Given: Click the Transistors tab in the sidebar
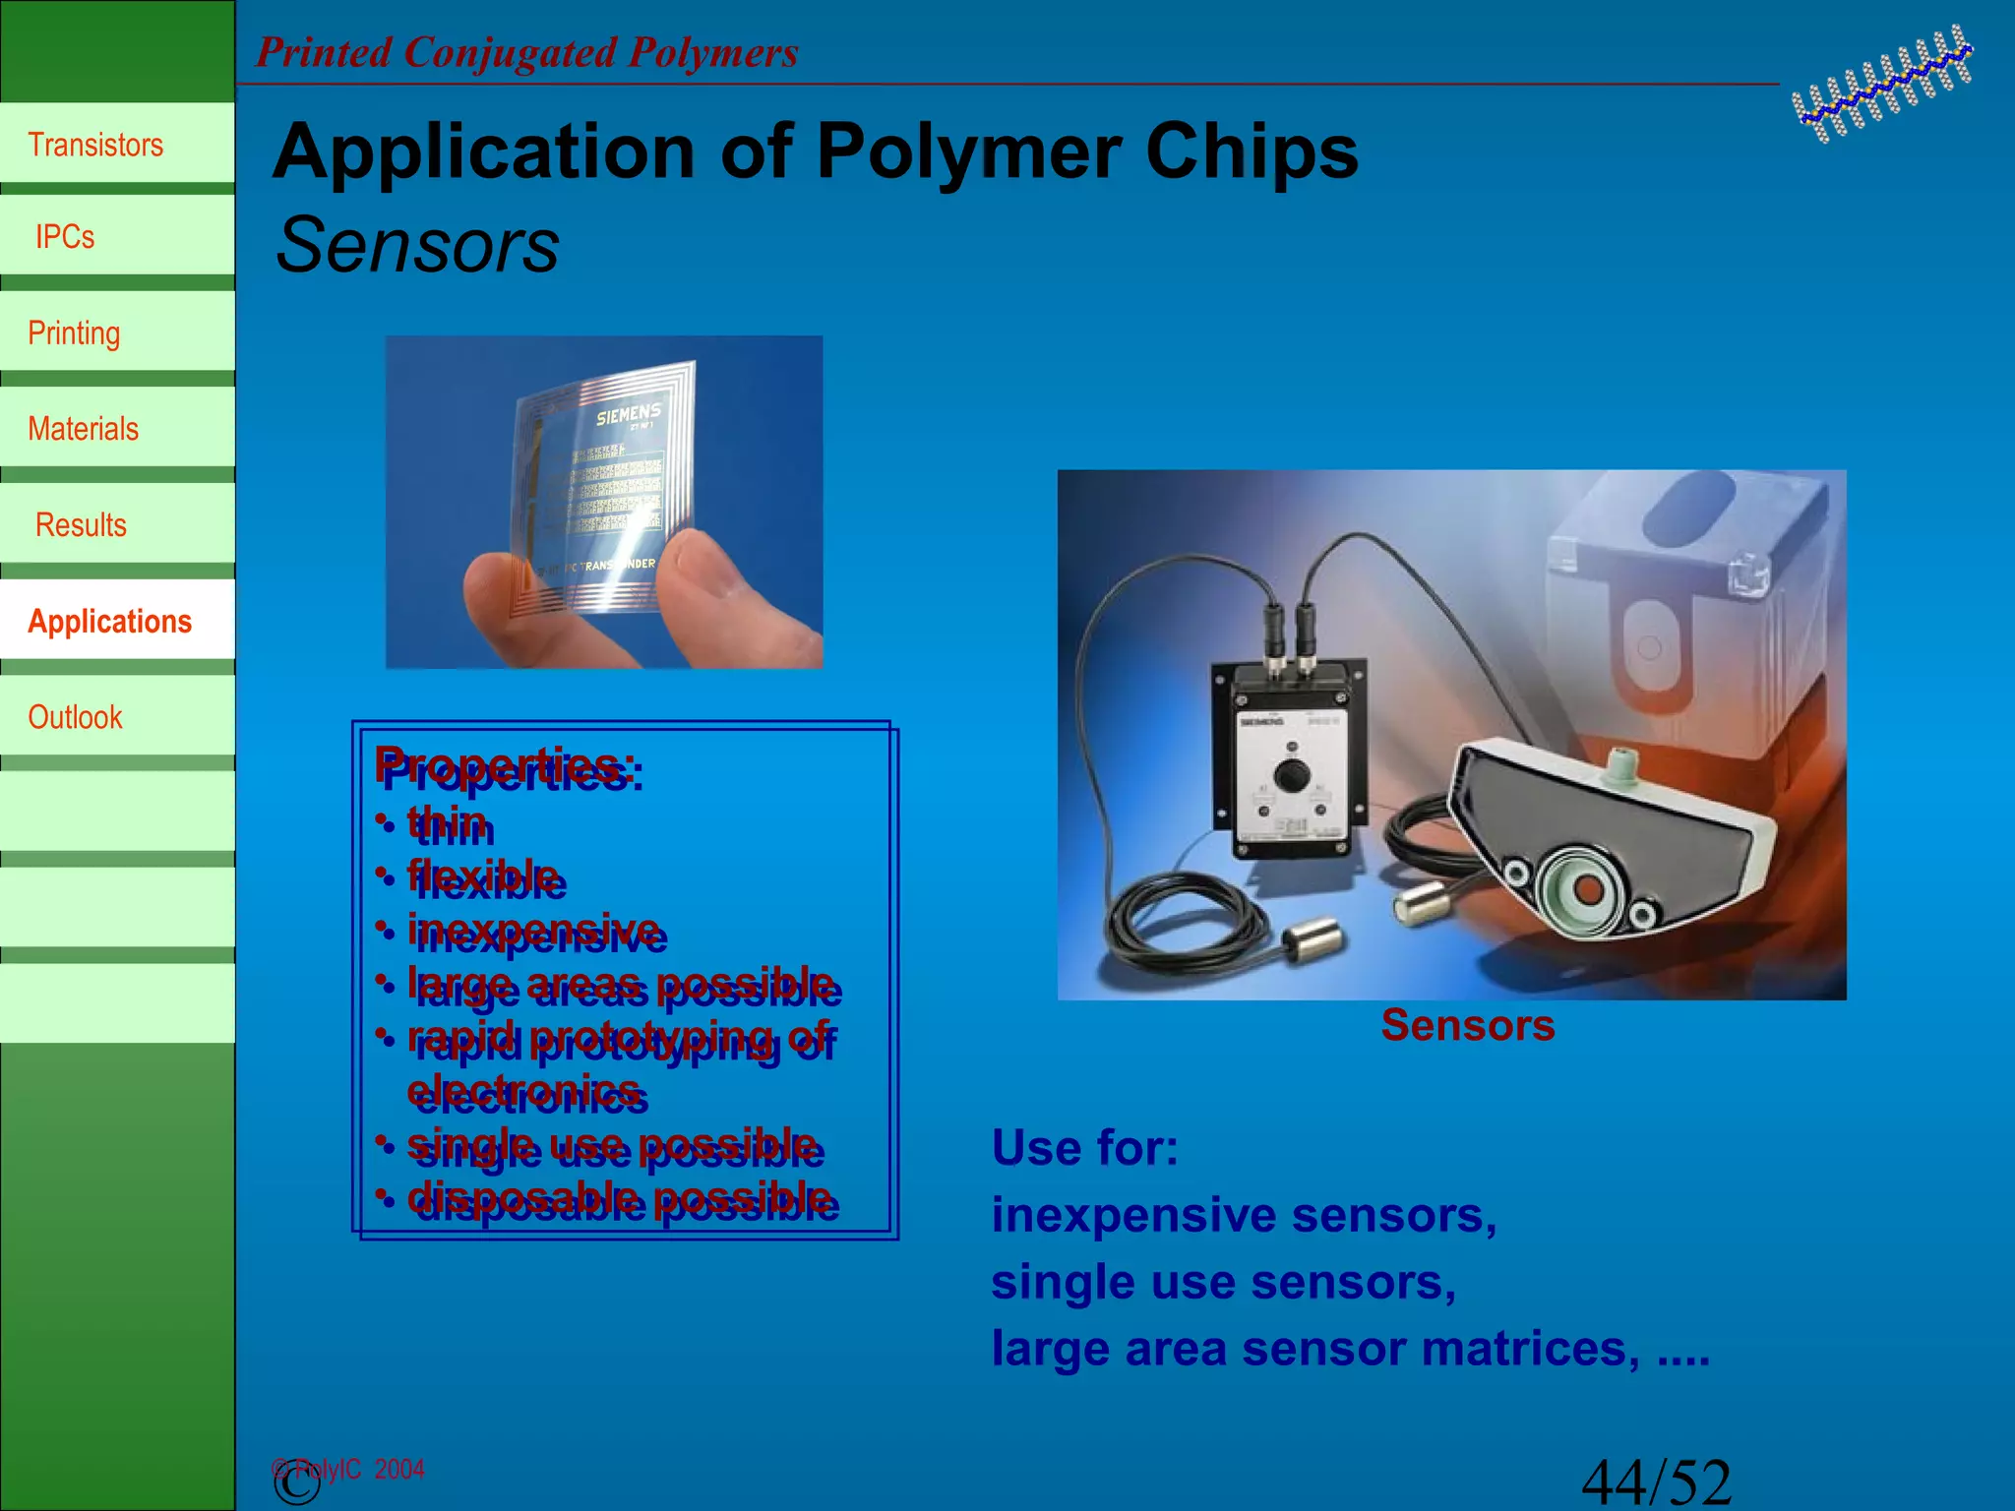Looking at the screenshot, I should tap(96, 145).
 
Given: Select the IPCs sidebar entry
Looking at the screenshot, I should tap(65, 237).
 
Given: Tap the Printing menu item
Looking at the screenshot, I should tap(74, 332).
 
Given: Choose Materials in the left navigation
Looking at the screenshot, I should tap(83, 429).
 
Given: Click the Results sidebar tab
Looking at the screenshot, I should tap(81, 524).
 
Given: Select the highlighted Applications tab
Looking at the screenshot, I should tap(110, 621).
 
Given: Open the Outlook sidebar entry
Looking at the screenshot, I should tap(75, 717).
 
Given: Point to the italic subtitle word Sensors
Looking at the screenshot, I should tap(417, 245).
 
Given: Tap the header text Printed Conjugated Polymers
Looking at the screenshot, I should tap(526, 52).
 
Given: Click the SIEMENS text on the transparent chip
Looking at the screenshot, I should tap(628, 413).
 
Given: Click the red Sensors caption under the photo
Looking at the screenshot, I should tap(1467, 1025).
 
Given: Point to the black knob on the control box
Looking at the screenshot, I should tap(1291, 775).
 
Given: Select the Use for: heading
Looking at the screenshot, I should tap(1084, 1147).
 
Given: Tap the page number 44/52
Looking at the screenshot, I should tap(1655, 1481).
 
